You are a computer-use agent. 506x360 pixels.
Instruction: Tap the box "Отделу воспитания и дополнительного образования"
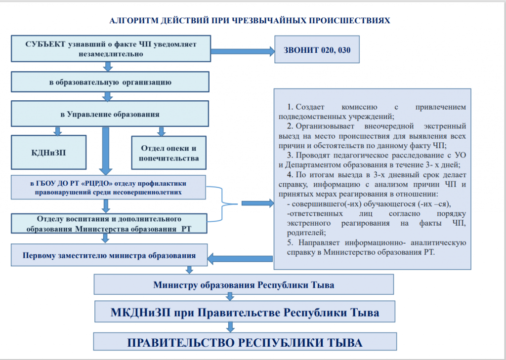[x=109, y=223]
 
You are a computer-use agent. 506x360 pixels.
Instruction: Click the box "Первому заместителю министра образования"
[x=109, y=256]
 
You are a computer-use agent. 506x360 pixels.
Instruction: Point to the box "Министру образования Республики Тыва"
[x=244, y=285]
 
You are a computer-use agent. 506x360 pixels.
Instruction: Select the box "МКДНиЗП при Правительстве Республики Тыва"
[x=245, y=313]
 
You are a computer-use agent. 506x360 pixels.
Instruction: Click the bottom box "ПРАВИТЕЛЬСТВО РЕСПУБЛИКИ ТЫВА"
[x=245, y=342]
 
